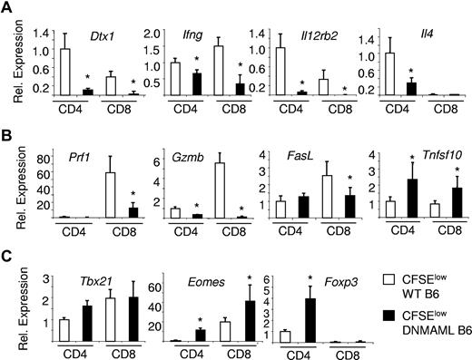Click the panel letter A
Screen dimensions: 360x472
[6, 8]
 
